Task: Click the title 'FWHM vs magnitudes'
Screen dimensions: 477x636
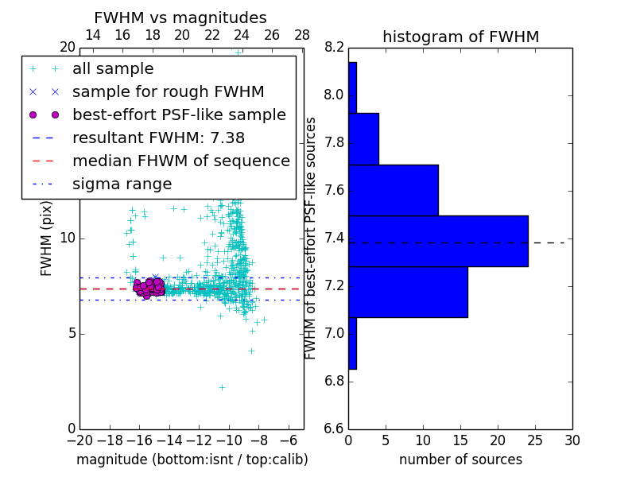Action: [180, 17]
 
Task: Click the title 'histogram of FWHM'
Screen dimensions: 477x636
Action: [460, 37]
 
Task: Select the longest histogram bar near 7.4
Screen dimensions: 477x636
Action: [438, 241]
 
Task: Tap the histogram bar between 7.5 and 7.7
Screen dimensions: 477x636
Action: [394, 190]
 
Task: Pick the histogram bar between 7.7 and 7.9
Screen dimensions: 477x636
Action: [363, 139]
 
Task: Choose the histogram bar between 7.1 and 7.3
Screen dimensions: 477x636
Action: [408, 292]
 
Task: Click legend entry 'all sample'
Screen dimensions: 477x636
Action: [113, 69]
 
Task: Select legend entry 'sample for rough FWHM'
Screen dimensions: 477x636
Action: [168, 92]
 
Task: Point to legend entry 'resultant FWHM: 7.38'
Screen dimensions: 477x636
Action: [158, 138]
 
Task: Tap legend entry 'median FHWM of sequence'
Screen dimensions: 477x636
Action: [180, 161]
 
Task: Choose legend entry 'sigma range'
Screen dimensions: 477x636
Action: [122, 184]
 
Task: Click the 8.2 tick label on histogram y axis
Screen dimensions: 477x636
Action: [333, 48]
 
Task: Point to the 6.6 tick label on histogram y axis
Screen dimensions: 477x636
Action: [333, 429]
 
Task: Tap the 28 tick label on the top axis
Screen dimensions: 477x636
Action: [302, 35]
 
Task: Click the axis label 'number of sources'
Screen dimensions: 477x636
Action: [460, 460]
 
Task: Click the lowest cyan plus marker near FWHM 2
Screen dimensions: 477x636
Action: [222, 387]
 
